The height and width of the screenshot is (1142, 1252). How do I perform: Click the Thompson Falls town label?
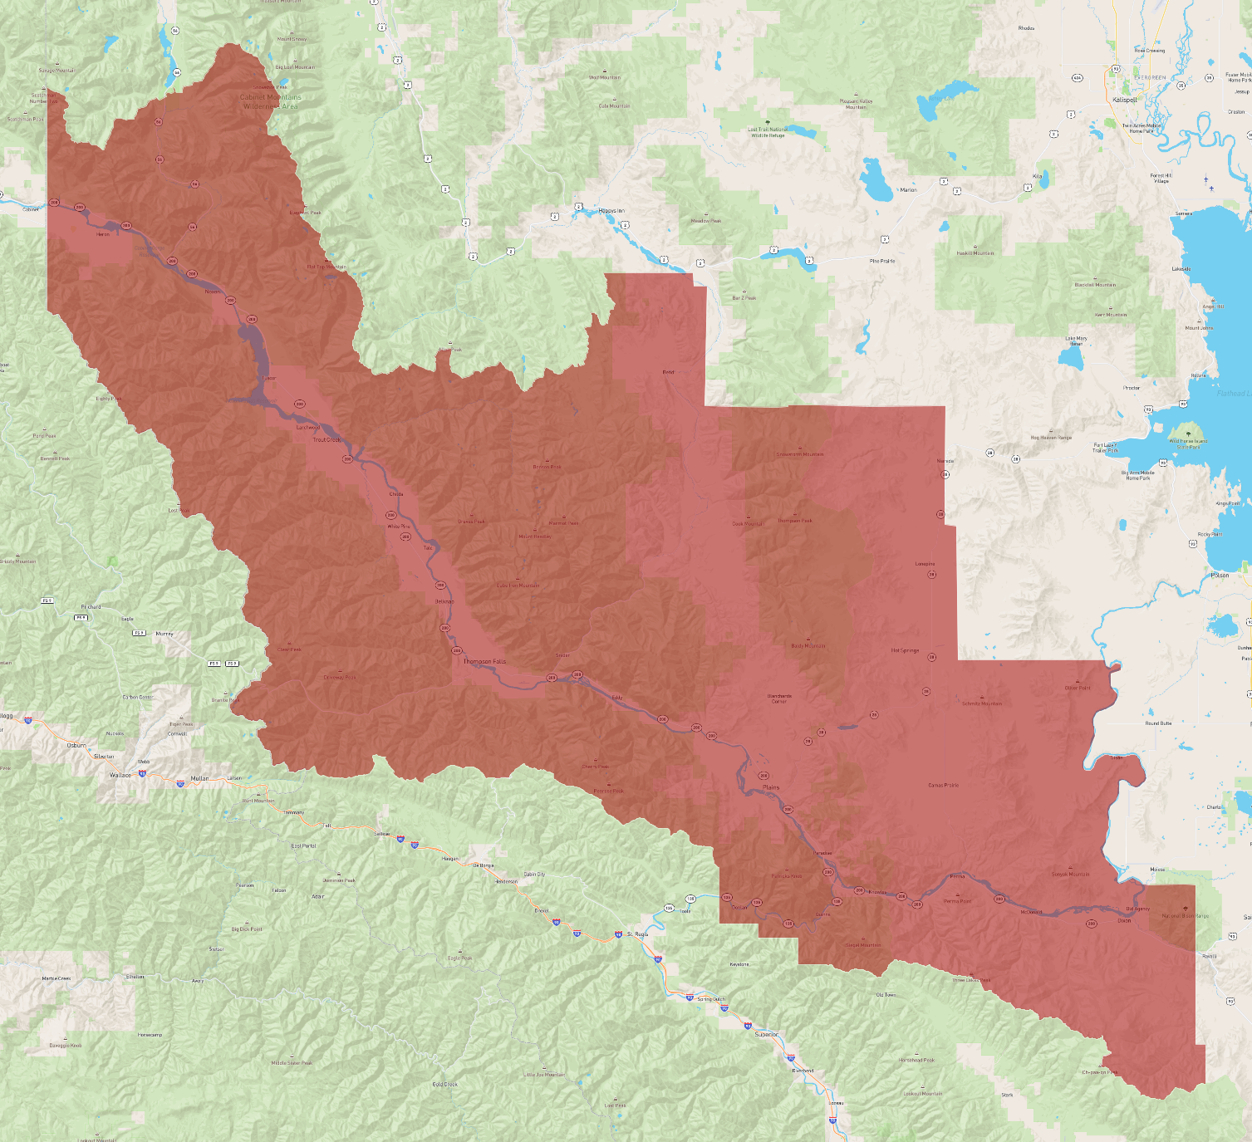click(x=484, y=662)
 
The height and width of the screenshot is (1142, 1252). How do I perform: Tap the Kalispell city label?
click(x=1124, y=100)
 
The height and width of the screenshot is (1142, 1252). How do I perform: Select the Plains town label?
click(x=772, y=787)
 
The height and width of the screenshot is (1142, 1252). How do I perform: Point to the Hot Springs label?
click(x=905, y=650)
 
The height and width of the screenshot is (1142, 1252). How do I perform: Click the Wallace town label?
click(x=120, y=775)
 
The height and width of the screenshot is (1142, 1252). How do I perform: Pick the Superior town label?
click(x=766, y=1034)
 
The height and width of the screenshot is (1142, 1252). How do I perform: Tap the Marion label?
click(x=908, y=190)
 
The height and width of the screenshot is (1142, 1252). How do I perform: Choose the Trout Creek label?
click(x=327, y=439)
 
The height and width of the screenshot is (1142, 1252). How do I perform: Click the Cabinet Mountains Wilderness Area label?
click(x=271, y=101)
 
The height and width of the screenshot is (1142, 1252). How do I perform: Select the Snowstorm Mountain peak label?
click(x=799, y=454)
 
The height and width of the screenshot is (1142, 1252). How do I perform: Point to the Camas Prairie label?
click(x=943, y=785)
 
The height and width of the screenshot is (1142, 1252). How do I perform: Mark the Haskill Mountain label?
click(x=975, y=253)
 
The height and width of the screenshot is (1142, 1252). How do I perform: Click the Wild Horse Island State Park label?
click(x=1188, y=444)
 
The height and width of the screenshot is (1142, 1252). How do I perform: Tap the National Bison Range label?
click(x=1186, y=915)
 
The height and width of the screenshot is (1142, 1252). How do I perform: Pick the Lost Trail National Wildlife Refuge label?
click(x=767, y=132)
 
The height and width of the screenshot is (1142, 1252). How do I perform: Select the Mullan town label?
click(x=199, y=778)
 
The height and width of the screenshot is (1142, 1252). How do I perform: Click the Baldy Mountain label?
click(x=808, y=645)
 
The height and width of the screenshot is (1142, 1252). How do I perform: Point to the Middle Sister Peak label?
click(x=292, y=1062)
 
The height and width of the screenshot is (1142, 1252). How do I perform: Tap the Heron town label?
click(x=103, y=234)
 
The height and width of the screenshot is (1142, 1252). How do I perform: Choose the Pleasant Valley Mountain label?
click(x=856, y=104)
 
